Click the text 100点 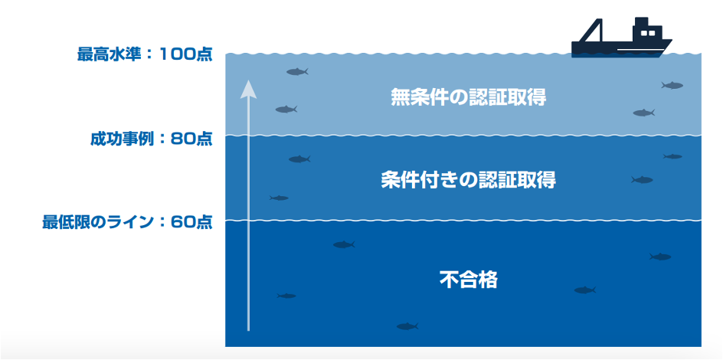pyautogui.click(x=187, y=55)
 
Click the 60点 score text pyautogui.click(x=192, y=223)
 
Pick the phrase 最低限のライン pyautogui.click(x=98, y=223)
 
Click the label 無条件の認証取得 pyautogui.click(x=468, y=97)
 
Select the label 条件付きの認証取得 pyautogui.click(x=468, y=181)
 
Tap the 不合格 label pyautogui.click(x=468, y=280)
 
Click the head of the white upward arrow pyautogui.click(x=248, y=89)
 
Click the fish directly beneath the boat pyautogui.click(x=672, y=85)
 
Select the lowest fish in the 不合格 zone pyautogui.click(x=407, y=326)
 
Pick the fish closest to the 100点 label pyautogui.click(x=297, y=72)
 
